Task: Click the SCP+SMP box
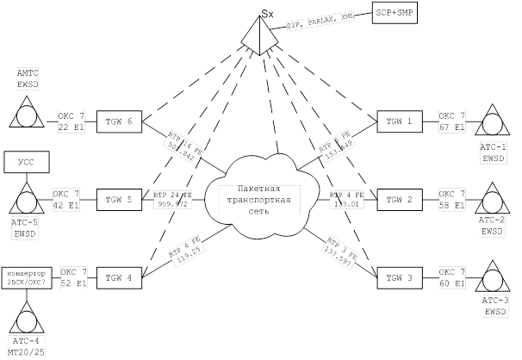tap(395, 13)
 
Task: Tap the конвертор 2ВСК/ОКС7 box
tap(28, 278)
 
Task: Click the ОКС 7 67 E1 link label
tap(452, 121)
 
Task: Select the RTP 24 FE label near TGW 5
tap(171, 200)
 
